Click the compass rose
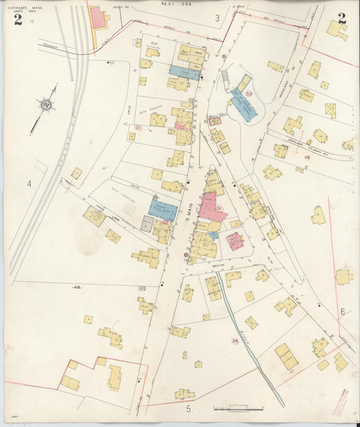pos(46,105)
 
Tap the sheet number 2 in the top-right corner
pos(342,18)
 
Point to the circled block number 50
pos(249,94)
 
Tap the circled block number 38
pos(235,341)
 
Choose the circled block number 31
pos(138,127)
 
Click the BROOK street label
pos(218,266)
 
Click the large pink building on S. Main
pos(211,206)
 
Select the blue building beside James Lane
pos(163,211)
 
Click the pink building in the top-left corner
pos(98,18)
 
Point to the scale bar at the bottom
pos(238,408)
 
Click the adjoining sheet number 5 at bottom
pos(188,408)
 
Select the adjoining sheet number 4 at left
pos(29,183)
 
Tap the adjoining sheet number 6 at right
pos(342,311)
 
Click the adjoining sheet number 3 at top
pos(217,18)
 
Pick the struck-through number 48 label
pos(76,287)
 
